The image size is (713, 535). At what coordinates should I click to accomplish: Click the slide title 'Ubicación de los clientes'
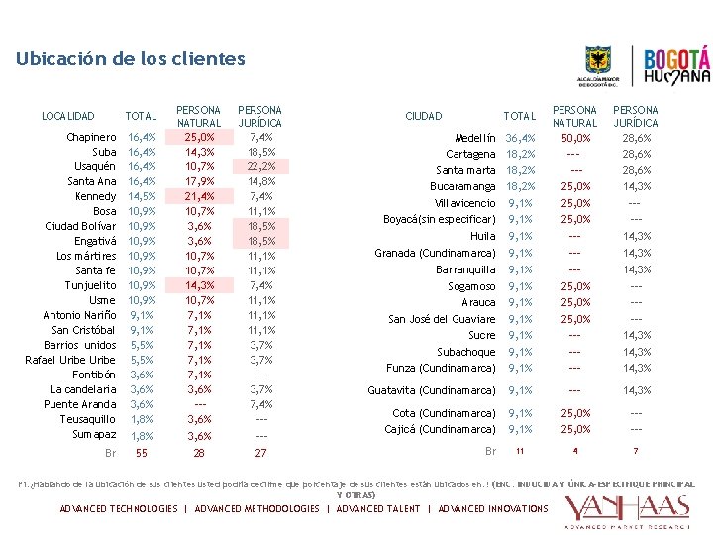(130, 59)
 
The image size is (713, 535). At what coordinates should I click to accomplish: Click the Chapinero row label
(91, 137)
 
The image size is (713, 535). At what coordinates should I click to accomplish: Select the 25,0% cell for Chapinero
(199, 137)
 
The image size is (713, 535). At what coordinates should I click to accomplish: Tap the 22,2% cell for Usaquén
(260, 166)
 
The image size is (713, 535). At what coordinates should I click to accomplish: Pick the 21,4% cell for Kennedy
(199, 196)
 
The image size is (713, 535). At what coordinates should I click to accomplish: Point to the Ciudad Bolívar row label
(80, 226)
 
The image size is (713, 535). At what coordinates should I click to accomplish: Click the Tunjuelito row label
(90, 285)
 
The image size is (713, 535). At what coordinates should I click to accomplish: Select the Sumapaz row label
(94, 434)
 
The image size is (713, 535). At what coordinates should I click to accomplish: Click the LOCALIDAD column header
(68, 116)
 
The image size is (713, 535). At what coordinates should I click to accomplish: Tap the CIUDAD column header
(424, 116)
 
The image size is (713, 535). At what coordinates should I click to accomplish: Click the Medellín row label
(474, 138)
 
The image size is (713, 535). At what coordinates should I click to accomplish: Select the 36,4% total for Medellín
(520, 138)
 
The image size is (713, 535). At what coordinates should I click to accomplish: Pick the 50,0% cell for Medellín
(575, 138)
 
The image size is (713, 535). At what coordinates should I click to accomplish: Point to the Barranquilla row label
(465, 269)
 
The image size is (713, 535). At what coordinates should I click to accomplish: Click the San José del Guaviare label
(442, 319)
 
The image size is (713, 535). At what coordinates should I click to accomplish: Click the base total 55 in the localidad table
(142, 453)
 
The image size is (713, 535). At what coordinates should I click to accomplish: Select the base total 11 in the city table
(519, 452)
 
